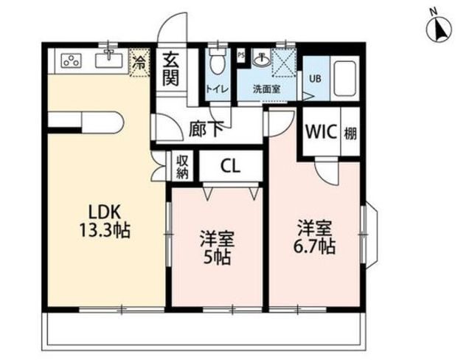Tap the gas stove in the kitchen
72,60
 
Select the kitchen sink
109,60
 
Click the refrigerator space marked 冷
139,63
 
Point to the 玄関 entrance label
170,69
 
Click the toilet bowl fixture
218,61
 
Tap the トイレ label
218,89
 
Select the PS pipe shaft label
241,55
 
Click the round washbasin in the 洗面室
260,59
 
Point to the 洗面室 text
267,89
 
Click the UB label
315,78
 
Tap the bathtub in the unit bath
344,78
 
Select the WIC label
321,131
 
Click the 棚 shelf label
350,134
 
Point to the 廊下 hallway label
206,128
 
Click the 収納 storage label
182,167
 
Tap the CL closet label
230,165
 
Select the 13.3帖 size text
105,231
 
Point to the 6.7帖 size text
314,247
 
